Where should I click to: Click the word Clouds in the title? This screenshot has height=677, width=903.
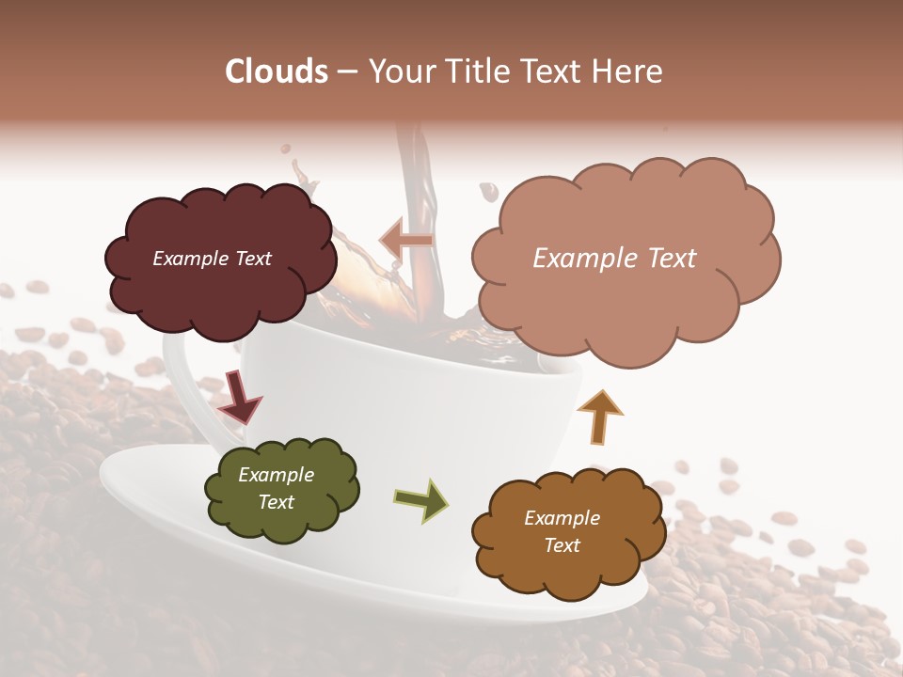click(277, 71)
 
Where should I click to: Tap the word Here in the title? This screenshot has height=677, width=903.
click(629, 71)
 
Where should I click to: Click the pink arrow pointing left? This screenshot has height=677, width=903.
click(406, 241)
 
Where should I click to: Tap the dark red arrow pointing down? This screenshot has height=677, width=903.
click(239, 396)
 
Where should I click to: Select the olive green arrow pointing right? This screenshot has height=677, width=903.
click(421, 499)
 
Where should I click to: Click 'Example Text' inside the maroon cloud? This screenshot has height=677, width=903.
click(213, 259)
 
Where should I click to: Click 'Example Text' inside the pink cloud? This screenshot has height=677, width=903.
click(614, 259)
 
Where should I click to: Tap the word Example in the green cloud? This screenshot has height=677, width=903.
click(276, 475)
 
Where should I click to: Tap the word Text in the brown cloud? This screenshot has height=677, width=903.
click(562, 545)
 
